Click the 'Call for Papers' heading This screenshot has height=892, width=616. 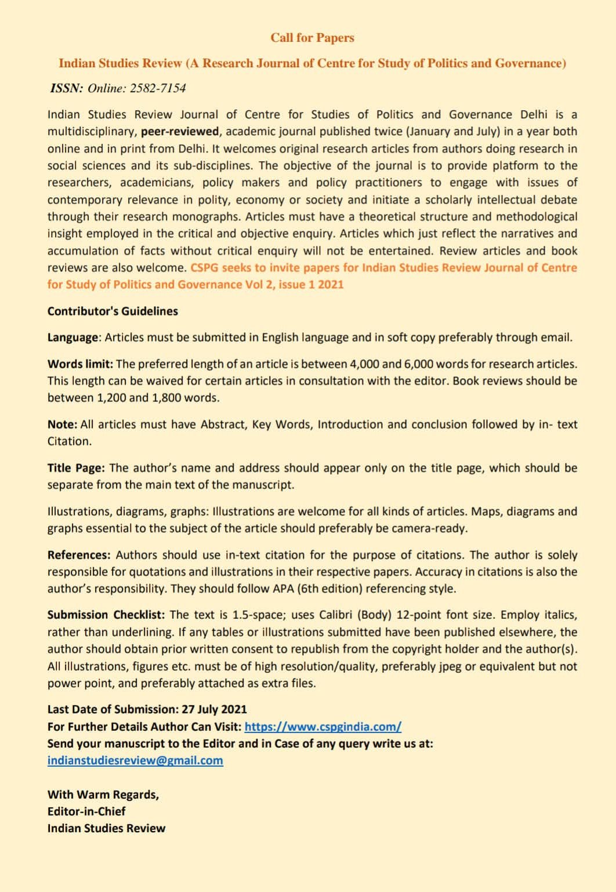[x=312, y=38]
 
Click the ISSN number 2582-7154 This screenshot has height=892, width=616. [x=158, y=88]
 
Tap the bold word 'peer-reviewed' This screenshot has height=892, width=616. [x=180, y=132]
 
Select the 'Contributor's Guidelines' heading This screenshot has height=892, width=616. [x=113, y=311]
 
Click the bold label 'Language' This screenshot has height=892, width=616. [x=73, y=338]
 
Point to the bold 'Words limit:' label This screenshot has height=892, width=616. [x=80, y=364]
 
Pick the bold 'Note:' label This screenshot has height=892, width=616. [x=62, y=425]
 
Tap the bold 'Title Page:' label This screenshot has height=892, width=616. [x=76, y=468]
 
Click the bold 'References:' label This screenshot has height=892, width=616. [x=79, y=555]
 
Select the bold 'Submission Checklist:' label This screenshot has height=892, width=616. [x=106, y=615]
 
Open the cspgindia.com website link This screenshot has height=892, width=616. [x=323, y=727]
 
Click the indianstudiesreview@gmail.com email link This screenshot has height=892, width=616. [x=135, y=760]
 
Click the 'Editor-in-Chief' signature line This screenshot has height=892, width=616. [x=86, y=811]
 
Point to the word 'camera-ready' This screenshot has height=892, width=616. [x=429, y=528]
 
